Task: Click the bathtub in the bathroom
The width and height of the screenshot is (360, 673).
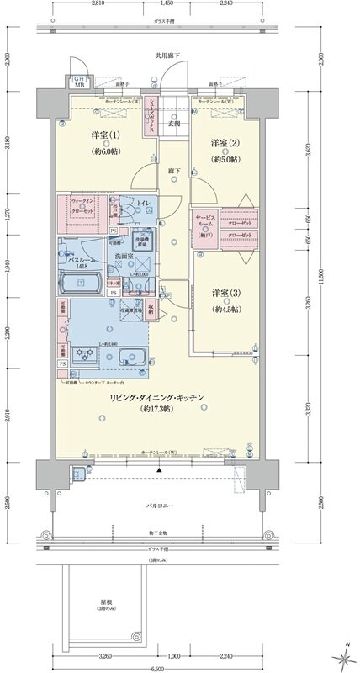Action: click(x=81, y=284)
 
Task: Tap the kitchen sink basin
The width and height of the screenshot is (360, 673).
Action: click(x=131, y=354)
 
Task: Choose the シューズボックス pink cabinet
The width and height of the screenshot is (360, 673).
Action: click(x=152, y=109)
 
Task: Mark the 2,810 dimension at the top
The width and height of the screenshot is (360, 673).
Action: click(x=98, y=3)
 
